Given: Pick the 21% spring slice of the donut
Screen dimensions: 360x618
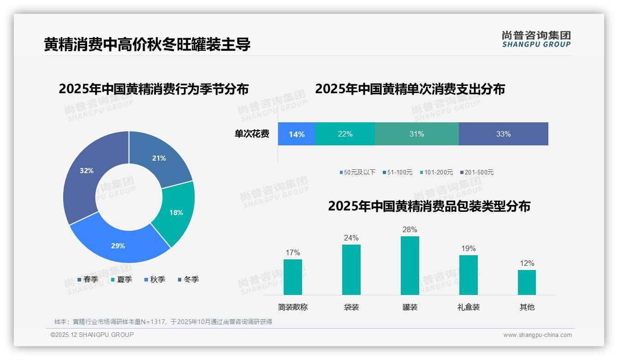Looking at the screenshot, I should (x=160, y=158).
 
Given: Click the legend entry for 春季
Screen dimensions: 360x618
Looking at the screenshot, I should (x=88, y=279).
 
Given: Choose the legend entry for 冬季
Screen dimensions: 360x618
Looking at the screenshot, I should (x=188, y=279).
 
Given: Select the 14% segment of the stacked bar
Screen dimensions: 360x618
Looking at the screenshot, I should (x=297, y=134).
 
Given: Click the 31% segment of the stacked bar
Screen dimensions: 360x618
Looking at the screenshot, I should (x=416, y=134).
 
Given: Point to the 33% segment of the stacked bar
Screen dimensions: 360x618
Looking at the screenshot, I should (x=503, y=134).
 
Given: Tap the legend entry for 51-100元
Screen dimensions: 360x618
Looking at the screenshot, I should (x=397, y=172).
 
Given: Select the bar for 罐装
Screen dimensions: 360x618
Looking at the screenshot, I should (x=410, y=265).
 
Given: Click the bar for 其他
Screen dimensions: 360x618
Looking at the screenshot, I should (x=527, y=282).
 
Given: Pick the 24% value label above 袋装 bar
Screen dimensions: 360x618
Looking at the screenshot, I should (x=351, y=238).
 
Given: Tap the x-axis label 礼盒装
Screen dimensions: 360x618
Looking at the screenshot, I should (x=468, y=307).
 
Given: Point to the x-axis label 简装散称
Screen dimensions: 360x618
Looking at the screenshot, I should (x=292, y=307).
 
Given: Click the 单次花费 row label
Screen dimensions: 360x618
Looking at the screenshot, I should (x=252, y=134).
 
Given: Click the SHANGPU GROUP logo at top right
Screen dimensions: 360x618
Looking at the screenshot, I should (x=536, y=39).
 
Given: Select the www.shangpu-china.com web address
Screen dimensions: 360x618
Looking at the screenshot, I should (x=537, y=335).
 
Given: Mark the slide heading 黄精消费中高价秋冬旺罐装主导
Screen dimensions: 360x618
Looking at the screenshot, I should (x=147, y=44).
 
